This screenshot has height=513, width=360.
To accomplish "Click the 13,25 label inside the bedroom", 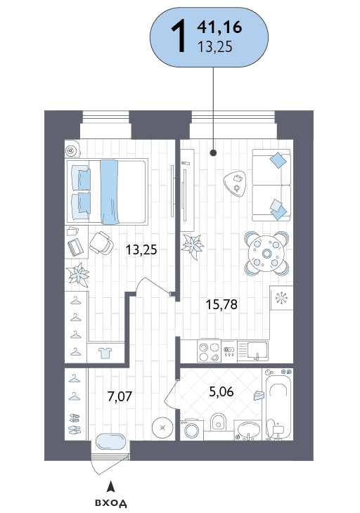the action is [141, 250].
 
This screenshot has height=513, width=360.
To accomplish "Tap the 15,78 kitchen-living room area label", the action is [221, 304].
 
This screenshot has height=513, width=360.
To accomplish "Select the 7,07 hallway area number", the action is [120, 396].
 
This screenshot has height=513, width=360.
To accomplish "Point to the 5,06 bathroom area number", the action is [221, 391].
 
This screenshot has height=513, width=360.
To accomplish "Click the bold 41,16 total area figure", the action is [219, 27].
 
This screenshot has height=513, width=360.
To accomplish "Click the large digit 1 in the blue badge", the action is [179, 36].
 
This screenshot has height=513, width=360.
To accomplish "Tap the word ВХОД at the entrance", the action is [111, 503].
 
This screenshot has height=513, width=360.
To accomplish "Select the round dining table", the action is [266, 254].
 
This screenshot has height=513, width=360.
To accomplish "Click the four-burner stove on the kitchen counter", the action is [209, 351].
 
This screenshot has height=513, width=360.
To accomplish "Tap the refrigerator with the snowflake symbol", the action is [281, 298].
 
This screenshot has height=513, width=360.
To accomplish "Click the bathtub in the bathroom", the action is [279, 404].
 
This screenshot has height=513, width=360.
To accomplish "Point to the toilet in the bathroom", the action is [218, 422].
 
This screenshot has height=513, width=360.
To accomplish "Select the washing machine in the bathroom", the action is [192, 429].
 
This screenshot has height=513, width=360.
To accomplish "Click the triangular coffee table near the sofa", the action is [235, 183].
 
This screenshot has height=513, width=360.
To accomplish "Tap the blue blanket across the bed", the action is [109, 192].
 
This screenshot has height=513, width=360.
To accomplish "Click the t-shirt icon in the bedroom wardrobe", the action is [105, 353].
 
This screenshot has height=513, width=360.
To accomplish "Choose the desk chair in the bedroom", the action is [101, 243].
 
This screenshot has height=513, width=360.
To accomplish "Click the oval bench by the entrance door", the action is [110, 442].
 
